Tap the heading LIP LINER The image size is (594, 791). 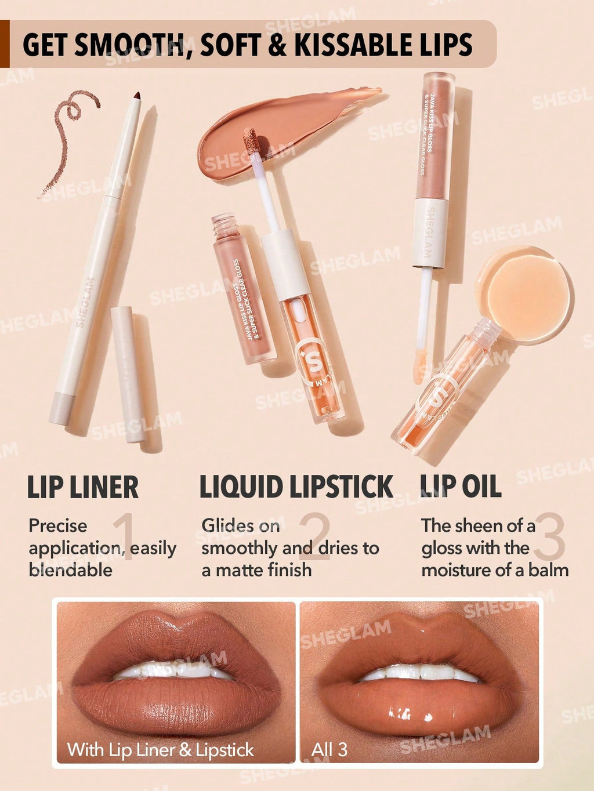[x=83, y=487]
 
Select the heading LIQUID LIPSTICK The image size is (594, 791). [x=296, y=487]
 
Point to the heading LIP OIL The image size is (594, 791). [x=460, y=487]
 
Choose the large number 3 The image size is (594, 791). [x=549, y=536]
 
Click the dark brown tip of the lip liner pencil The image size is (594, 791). [x=137, y=96]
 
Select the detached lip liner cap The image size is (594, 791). [x=127, y=374]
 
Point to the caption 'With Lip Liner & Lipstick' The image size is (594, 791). [x=160, y=750]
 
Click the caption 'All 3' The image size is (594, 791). [x=329, y=750]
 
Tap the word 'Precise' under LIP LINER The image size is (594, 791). [x=57, y=526]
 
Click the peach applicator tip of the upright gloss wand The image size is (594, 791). [x=421, y=365]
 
